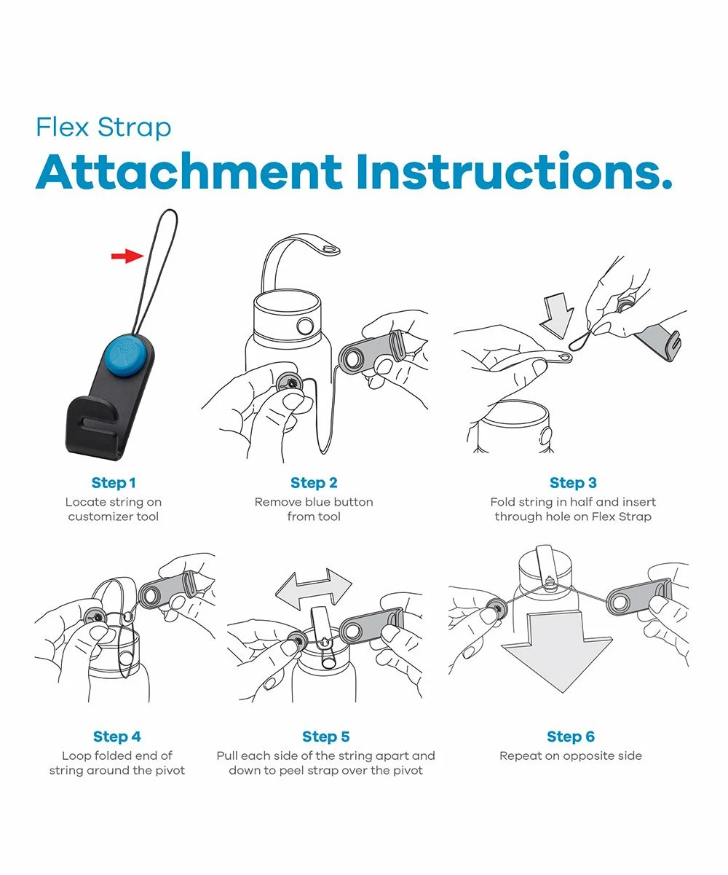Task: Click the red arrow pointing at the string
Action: coord(127,255)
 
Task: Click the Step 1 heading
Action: coord(114,483)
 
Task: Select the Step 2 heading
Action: coord(314,483)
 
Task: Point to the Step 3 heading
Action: coord(573,483)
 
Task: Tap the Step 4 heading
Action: coord(117,737)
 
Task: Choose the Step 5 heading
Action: coord(326,737)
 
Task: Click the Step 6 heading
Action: coord(571,737)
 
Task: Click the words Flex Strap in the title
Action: coord(103,127)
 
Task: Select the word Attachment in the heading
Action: coord(189,172)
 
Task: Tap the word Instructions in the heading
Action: coord(515,172)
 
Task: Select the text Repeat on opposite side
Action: coord(571,756)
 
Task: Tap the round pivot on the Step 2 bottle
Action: coord(305,326)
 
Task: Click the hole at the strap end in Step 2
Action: coord(330,250)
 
